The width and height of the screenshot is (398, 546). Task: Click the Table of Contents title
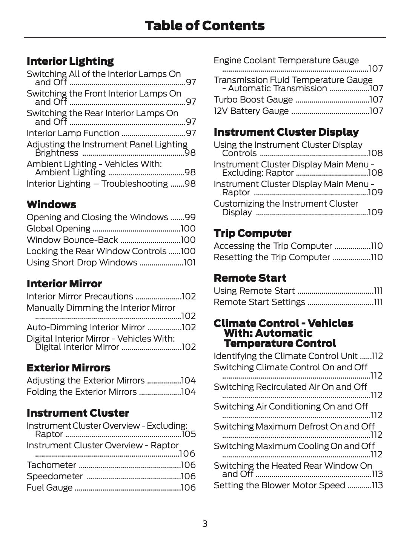(204, 26)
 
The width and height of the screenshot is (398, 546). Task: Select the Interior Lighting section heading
(70, 61)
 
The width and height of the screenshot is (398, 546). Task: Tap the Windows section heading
(51, 204)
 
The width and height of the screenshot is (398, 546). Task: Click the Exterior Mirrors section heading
(68, 368)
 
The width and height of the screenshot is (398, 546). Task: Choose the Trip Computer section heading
(252, 233)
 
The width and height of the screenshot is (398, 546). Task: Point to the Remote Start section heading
(250, 278)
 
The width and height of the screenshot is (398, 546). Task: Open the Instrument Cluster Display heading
(286, 132)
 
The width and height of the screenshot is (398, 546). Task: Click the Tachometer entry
(51, 465)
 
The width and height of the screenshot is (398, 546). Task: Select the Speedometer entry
(55, 476)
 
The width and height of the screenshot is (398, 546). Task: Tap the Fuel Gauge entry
(49, 488)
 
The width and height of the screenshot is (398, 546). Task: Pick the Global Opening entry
(58, 229)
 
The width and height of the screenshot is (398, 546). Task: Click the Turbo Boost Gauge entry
(253, 100)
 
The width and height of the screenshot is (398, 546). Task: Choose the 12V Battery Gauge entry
(251, 111)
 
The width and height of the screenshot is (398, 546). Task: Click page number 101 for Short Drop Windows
(189, 262)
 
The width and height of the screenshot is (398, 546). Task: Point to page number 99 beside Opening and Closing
(190, 217)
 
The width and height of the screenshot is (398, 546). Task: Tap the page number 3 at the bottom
(204, 523)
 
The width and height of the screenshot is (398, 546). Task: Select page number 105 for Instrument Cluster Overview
(189, 434)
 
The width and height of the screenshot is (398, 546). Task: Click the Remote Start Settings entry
(259, 302)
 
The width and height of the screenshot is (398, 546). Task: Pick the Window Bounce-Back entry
(72, 240)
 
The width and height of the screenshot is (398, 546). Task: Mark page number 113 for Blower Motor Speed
(377, 485)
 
